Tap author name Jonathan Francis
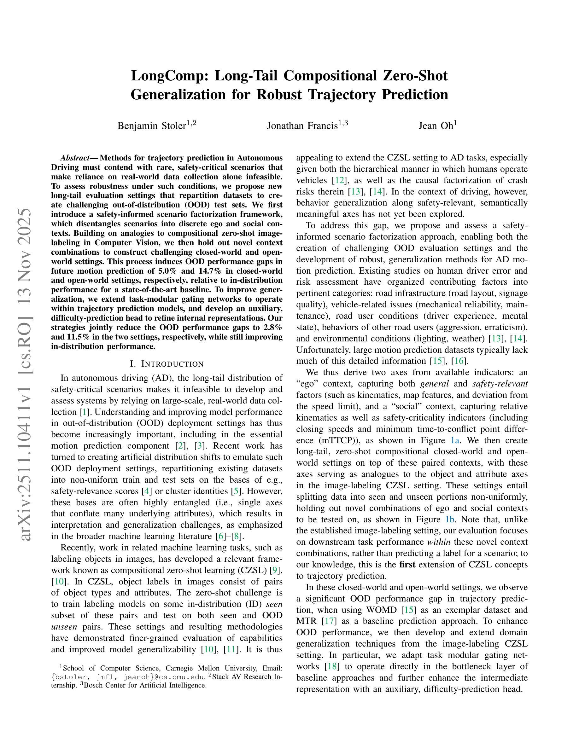pos(302,126)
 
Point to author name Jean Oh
pos(436,126)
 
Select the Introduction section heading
pos(167,364)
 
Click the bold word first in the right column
pos(407,565)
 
